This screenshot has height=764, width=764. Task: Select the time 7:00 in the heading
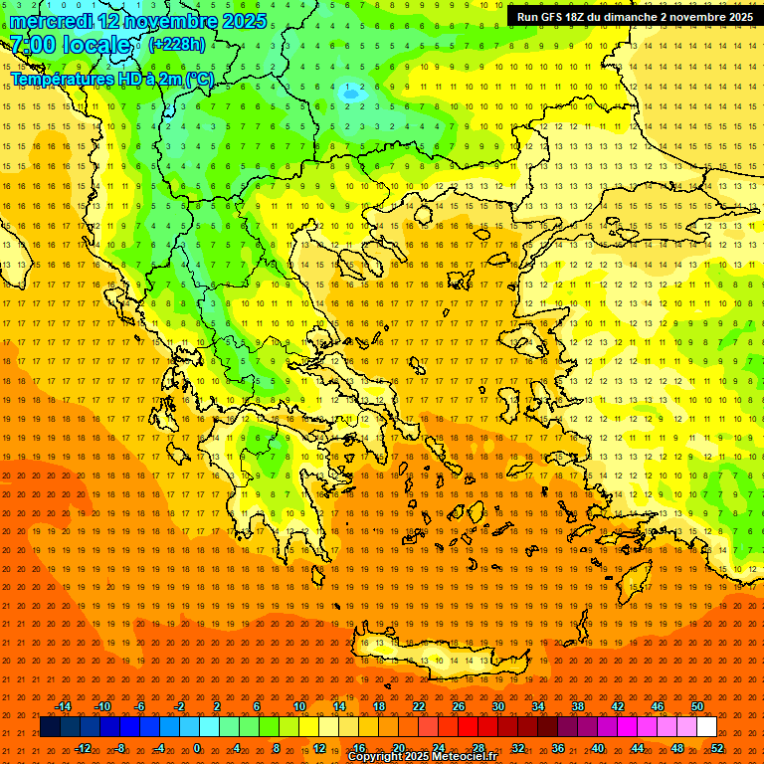tap(32, 45)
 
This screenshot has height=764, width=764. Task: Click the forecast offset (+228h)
tap(177, 45)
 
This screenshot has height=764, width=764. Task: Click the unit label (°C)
tap(199, 78)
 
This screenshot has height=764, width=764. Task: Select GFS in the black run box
tap(554, 17)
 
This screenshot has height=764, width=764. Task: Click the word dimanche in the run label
tap(636, 17)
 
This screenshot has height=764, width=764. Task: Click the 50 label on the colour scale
tap(697, 706)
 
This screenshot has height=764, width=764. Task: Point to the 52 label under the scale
tap(717, 748)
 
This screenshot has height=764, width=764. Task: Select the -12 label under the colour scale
tap(83, 748)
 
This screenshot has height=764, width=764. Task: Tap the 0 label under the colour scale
tap(197, 748)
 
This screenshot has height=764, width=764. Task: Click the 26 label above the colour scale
tap(459, 706)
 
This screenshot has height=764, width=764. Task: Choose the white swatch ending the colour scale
tap(706, 727)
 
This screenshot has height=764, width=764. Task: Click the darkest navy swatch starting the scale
tap(50, 727)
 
